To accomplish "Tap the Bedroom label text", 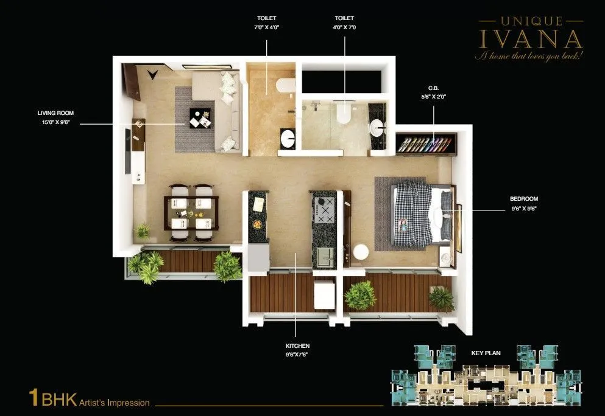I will [523, 199].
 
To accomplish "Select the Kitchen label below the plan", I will [297, 346].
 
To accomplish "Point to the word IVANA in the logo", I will [531, 38].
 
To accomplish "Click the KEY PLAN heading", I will [485, 353].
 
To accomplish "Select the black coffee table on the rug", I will [199, 118].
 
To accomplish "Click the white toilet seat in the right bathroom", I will [344, 113].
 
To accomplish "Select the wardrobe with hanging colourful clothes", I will [426, 144].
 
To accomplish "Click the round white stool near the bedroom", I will [361, 252].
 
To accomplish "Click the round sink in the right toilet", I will [378, 128].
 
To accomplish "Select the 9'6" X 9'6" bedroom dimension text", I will [523, 208].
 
